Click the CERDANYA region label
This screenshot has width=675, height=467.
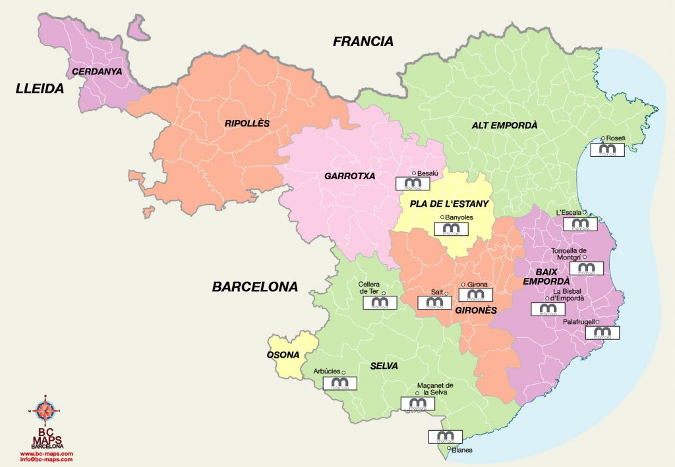pos(97,71)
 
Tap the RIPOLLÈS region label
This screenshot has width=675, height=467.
pos(247,123)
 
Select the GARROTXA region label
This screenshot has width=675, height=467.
pos(349,176)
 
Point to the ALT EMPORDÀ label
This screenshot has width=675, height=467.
pos(505,124)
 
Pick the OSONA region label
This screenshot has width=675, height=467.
pos(283,354)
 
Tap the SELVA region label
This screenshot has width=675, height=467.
pos(384,366)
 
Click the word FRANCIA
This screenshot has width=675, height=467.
pos(363,41)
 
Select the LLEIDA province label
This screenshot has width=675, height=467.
pos(40,88)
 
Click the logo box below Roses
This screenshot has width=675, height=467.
pos(607,150)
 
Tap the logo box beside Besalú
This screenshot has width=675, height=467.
pos(413,184)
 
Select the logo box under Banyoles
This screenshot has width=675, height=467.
pos(452,229)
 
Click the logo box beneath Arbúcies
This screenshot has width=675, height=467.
pos(339,383)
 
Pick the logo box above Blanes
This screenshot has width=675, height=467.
pos(445,436)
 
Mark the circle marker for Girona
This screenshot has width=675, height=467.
pos(463,285)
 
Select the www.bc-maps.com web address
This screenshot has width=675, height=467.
pos(46,454)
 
